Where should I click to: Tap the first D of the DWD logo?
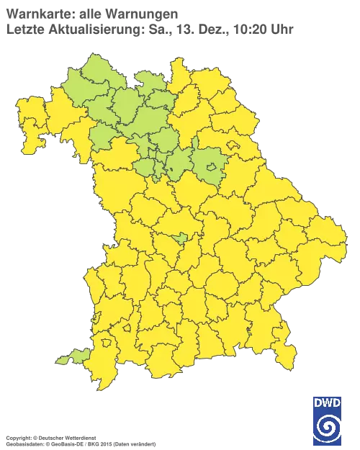(318, 402)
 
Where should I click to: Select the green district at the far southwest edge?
(71, 356)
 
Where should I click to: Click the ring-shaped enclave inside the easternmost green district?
(210, 168)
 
